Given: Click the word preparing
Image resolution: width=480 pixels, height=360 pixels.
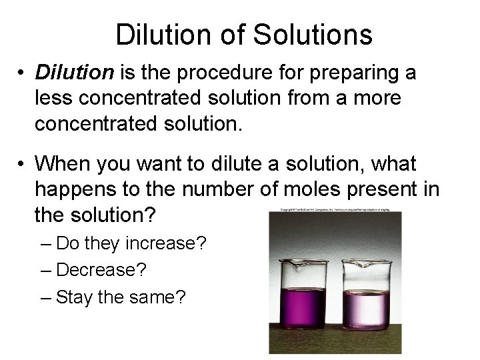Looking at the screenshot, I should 343,73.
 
